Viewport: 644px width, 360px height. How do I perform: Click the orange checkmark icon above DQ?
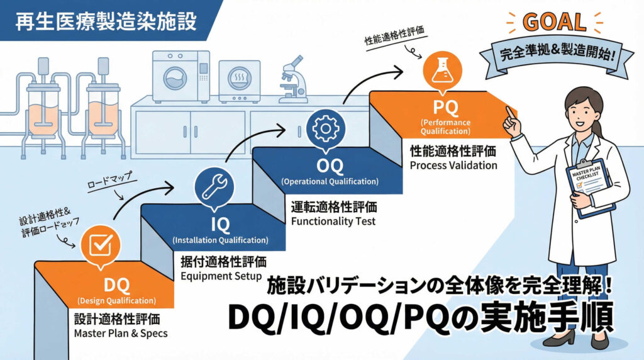100,245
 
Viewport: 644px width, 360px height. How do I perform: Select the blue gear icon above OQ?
325,128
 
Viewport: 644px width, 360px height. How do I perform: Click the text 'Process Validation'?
453,166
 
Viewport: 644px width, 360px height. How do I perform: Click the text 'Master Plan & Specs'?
121,333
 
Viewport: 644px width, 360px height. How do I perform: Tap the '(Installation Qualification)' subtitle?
220,240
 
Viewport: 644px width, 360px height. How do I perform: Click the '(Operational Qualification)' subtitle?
330,182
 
